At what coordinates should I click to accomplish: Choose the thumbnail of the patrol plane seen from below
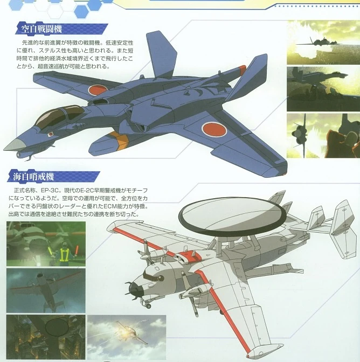46,291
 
